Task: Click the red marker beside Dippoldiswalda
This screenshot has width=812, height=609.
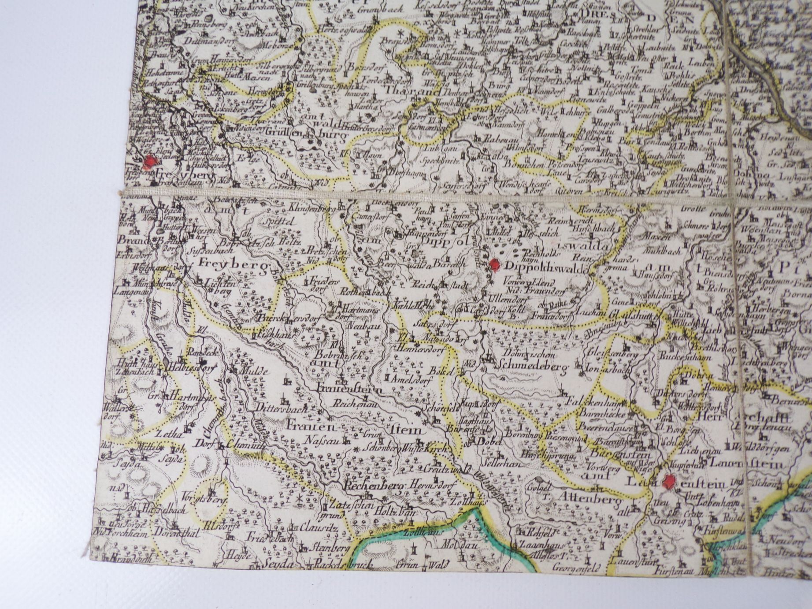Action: (495, 265)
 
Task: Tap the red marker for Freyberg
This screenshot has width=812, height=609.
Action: (150, 162)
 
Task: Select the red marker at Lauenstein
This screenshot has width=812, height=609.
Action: (669, 482)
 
